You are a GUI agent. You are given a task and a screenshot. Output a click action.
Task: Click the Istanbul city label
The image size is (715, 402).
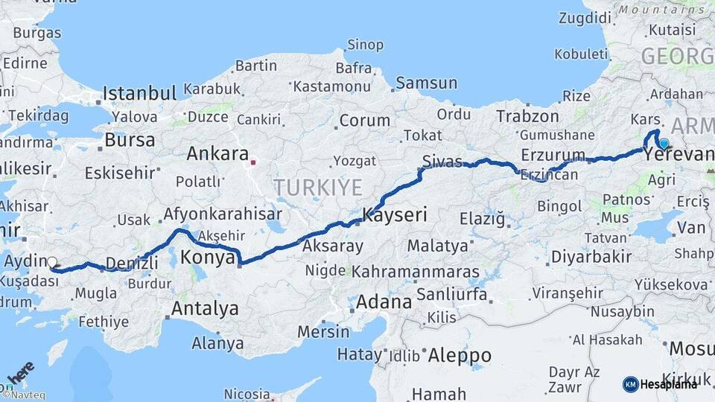point(139,93)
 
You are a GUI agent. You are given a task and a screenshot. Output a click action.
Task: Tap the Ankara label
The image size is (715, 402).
point(217,154)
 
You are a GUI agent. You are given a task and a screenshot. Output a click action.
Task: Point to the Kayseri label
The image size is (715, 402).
point(395,216)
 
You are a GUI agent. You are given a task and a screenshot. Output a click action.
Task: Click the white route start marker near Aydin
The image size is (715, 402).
point(52,262)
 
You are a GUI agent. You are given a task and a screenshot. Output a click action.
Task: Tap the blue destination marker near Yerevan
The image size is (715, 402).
point(664,143)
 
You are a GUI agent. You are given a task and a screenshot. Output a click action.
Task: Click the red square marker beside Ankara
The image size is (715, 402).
point(254,161)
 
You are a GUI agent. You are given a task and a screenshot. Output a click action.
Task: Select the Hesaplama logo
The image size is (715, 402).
point(661,384)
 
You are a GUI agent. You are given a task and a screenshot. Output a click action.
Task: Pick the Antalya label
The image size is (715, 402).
point(205,308)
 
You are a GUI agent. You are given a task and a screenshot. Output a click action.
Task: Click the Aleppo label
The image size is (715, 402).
point(459,354)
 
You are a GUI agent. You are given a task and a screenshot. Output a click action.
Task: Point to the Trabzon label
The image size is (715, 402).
point(527,116)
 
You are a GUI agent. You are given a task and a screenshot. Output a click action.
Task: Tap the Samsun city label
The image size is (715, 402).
point(426,83)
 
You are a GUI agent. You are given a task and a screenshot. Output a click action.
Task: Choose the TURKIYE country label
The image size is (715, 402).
point(317,187)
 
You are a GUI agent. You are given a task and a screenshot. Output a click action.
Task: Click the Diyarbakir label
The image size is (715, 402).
point(591,257)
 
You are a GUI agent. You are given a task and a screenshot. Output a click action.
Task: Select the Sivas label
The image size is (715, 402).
point(442,162)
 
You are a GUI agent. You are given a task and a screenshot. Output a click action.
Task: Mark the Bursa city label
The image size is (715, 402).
point(130,139)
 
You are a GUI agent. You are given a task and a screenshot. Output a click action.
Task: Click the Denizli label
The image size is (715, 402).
point(132,263)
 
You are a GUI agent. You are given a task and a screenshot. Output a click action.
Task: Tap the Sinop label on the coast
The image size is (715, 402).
point(366,45)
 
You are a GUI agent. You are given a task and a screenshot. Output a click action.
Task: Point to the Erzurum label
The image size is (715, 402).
point(553,154)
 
